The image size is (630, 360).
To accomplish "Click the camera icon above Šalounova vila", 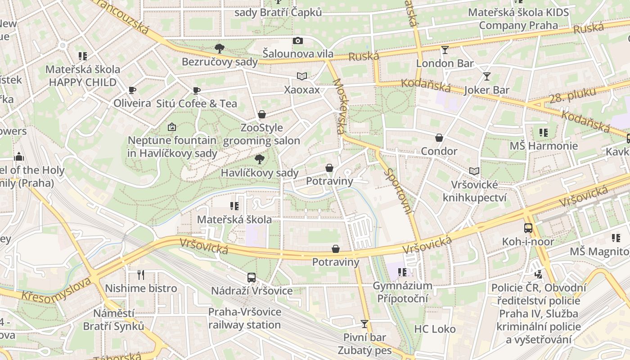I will [297, 41].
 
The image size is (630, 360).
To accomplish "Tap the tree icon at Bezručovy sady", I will [219, 48].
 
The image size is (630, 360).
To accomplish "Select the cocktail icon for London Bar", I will [445, 50].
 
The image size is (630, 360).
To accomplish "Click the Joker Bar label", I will [486, 90].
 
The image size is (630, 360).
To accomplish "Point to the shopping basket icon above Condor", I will [439, 138].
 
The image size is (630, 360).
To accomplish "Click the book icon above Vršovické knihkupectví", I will [474, 171].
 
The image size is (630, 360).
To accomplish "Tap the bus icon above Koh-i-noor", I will [528, 228].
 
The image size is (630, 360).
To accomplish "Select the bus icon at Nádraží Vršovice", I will [252, 278].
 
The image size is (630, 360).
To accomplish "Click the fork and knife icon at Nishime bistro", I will [141, 274].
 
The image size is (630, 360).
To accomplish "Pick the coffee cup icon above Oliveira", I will [132, 90].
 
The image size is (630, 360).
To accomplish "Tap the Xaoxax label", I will [302, 90].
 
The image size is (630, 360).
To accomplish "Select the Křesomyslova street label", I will [56, 289].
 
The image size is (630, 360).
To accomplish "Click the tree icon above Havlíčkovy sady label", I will [259, 159].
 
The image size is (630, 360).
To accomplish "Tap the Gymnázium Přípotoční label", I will [402, 292].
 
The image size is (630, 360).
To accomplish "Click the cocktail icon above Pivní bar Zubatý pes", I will [364, 324].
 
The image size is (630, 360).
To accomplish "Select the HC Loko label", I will [435, 329].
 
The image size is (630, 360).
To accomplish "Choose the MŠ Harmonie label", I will [543, 146].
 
